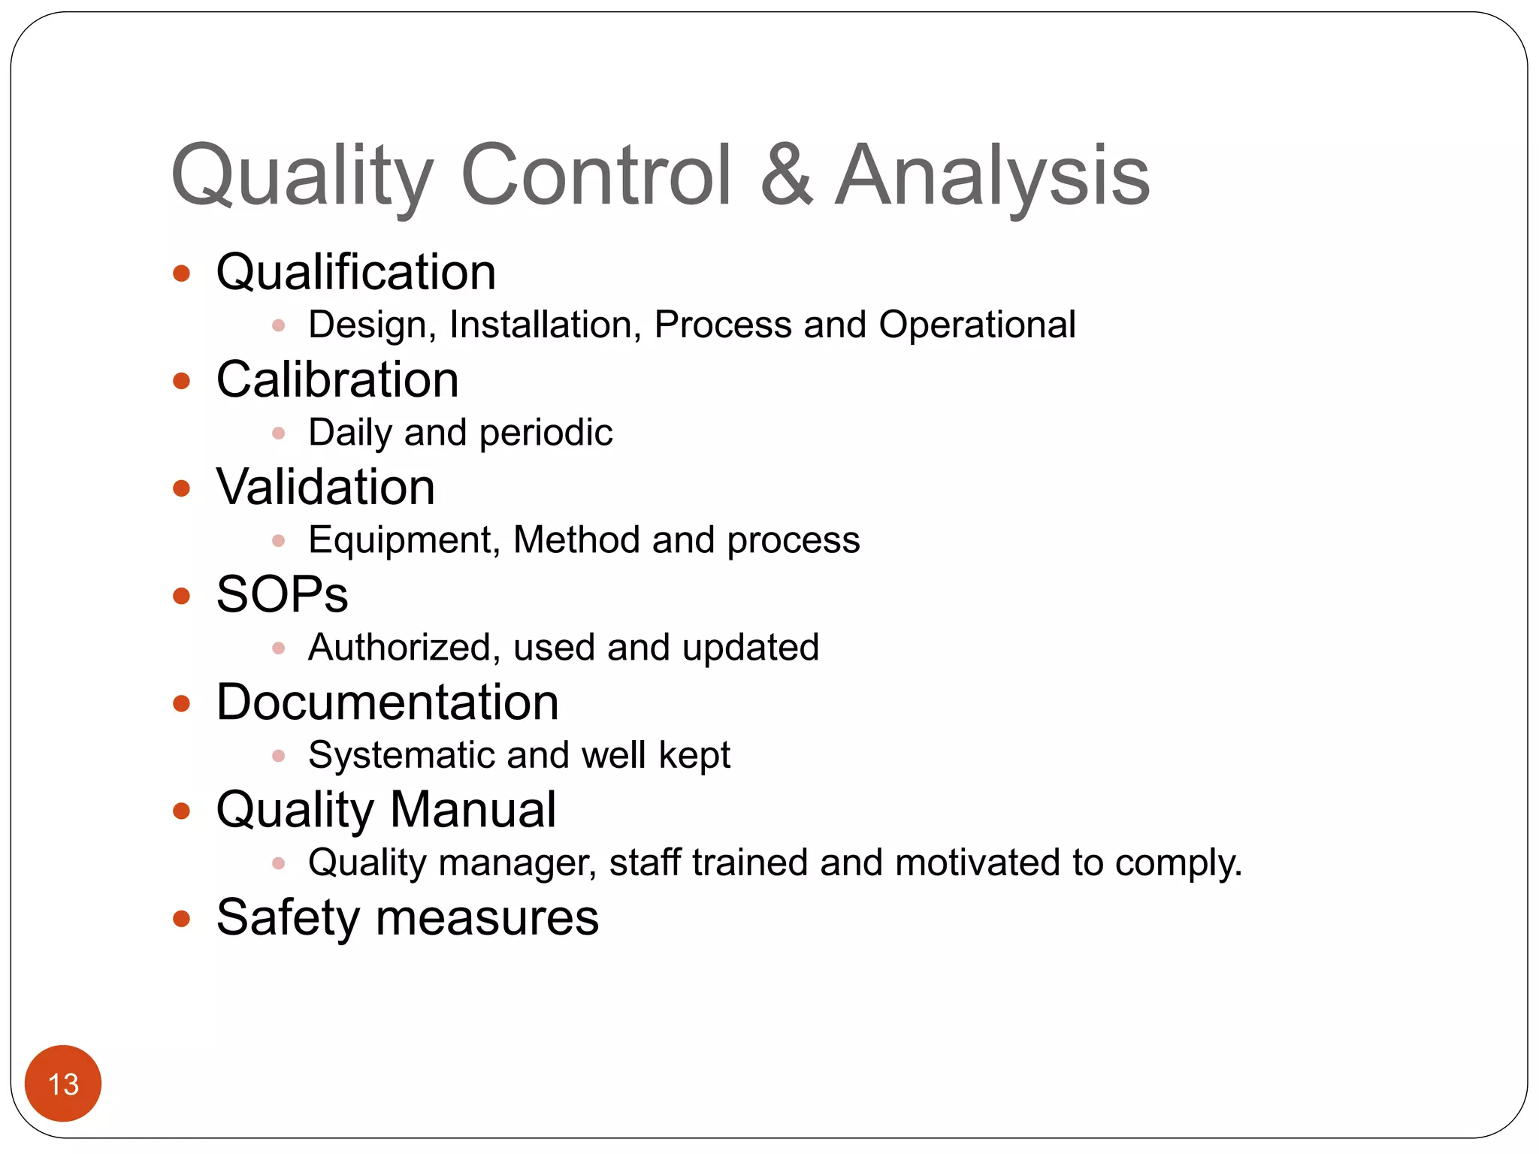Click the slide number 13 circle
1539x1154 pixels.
63,1083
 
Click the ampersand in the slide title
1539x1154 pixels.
787,175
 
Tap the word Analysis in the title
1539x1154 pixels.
992,175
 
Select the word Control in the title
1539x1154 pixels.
596,175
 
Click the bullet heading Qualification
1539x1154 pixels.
355,272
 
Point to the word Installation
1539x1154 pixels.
545,325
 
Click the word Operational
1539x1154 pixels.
977,325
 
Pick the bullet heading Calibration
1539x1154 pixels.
337,379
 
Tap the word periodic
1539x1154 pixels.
546,434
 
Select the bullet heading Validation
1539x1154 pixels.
325,487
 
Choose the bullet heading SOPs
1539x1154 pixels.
282,595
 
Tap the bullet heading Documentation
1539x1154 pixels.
387,702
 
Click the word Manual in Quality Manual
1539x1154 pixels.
473,810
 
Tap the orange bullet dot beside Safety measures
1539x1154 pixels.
181,918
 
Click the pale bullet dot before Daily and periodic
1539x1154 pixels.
278,434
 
